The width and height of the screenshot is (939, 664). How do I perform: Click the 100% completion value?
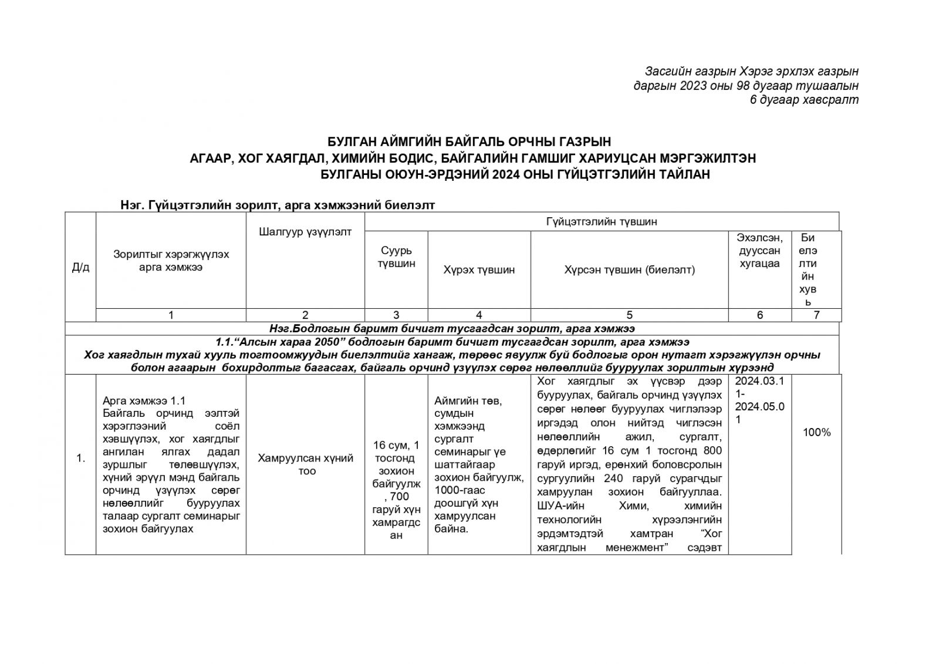tap(816, 433)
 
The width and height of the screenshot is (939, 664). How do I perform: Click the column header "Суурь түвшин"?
tap(396, 257)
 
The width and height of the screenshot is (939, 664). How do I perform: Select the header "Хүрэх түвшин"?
tap(479, 270)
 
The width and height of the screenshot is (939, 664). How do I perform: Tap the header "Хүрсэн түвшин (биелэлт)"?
tap(629, 270)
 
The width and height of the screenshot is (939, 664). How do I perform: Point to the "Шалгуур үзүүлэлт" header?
tap(305, 232)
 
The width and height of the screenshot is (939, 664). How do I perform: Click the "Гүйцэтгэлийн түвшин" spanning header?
tap(601, 222)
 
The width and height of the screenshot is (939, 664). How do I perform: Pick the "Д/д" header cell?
tap(80, 268)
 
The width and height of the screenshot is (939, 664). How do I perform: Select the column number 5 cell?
tap(629, 315)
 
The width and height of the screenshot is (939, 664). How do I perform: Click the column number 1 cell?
tap(171, 315)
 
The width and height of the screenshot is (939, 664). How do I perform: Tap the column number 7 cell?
tap(816, 315)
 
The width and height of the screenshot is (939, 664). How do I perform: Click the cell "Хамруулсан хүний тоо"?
tap(305, 464)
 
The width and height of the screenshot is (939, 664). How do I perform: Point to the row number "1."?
tap(80, 459)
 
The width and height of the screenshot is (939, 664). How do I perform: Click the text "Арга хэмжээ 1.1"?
tap(144, 401)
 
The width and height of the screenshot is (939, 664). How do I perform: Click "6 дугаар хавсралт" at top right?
tap(804, 100)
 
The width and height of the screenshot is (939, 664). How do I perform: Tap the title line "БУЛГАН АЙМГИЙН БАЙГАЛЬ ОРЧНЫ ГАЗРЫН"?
tap(469, 141)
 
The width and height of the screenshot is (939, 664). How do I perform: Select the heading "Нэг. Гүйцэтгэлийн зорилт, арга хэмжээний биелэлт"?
tap(277, 205)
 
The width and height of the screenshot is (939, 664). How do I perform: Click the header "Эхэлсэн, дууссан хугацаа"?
tap(759, 251)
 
